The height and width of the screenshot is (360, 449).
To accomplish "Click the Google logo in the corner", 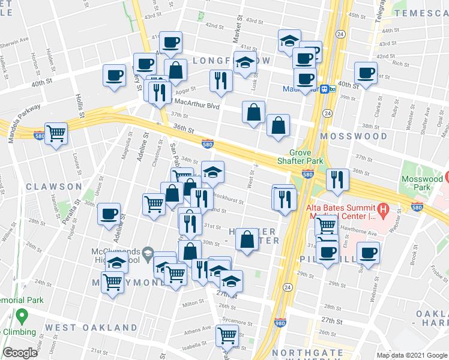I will (x=20, y=353).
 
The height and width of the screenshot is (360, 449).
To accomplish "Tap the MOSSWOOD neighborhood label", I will (x=354, y=136).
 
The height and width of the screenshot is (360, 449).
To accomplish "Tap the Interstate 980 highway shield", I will (x=280, y=322).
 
